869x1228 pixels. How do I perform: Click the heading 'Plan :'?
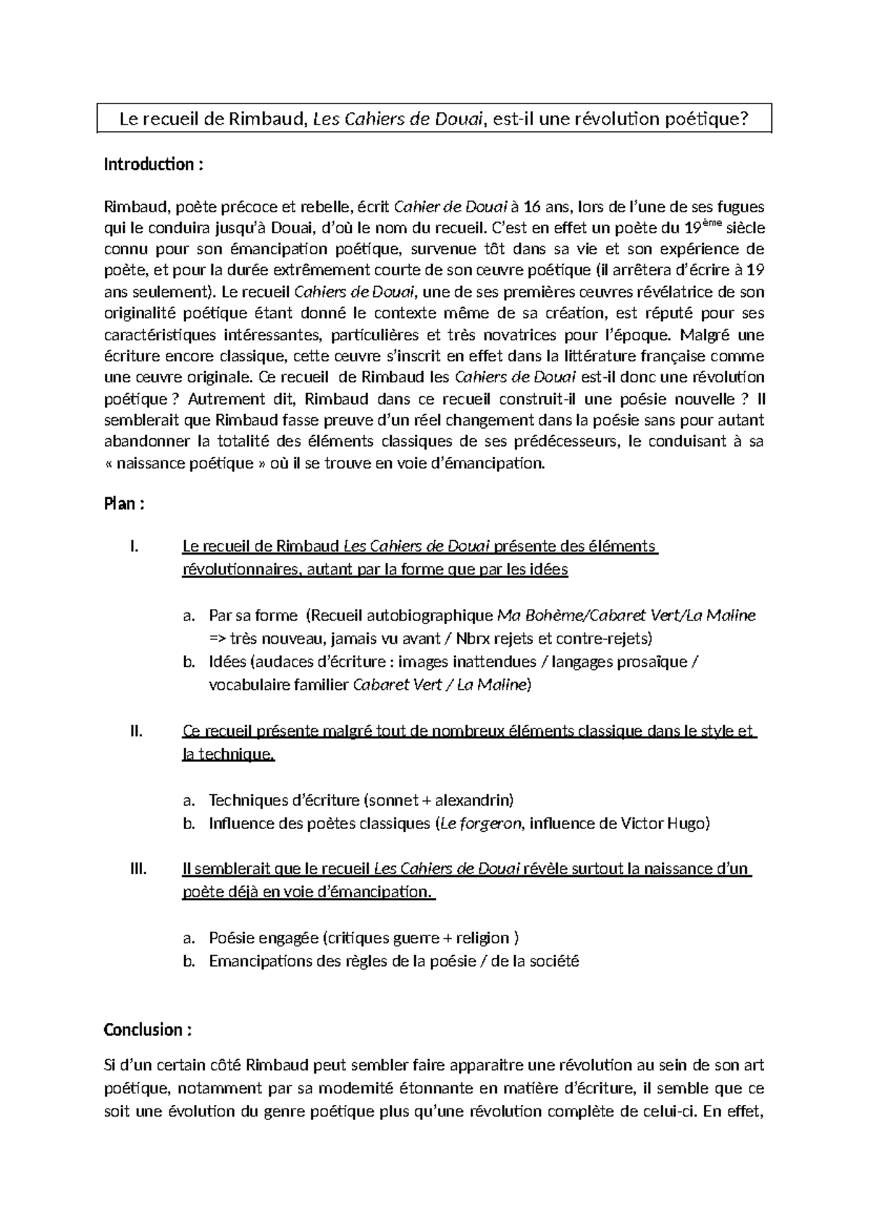coord(125,504)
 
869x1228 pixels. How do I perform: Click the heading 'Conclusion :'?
coord(148,1030)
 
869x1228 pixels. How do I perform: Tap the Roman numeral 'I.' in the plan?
coord(134,547)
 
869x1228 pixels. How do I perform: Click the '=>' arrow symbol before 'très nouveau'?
coord(218,639)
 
